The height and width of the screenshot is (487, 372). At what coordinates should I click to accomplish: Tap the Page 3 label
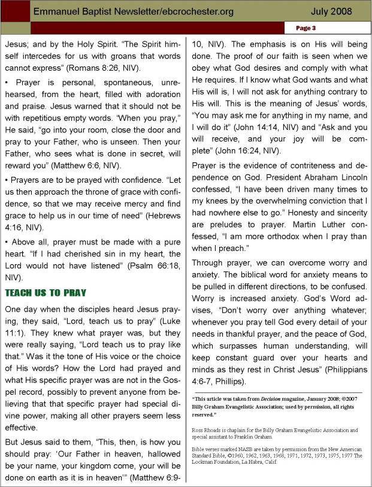coord(306,28)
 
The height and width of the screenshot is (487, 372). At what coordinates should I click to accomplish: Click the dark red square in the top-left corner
coord(14,11)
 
